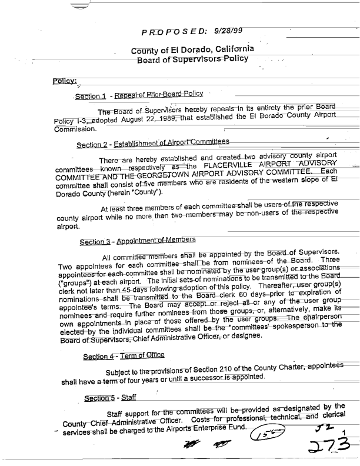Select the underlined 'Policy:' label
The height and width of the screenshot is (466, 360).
coord(62,82)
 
